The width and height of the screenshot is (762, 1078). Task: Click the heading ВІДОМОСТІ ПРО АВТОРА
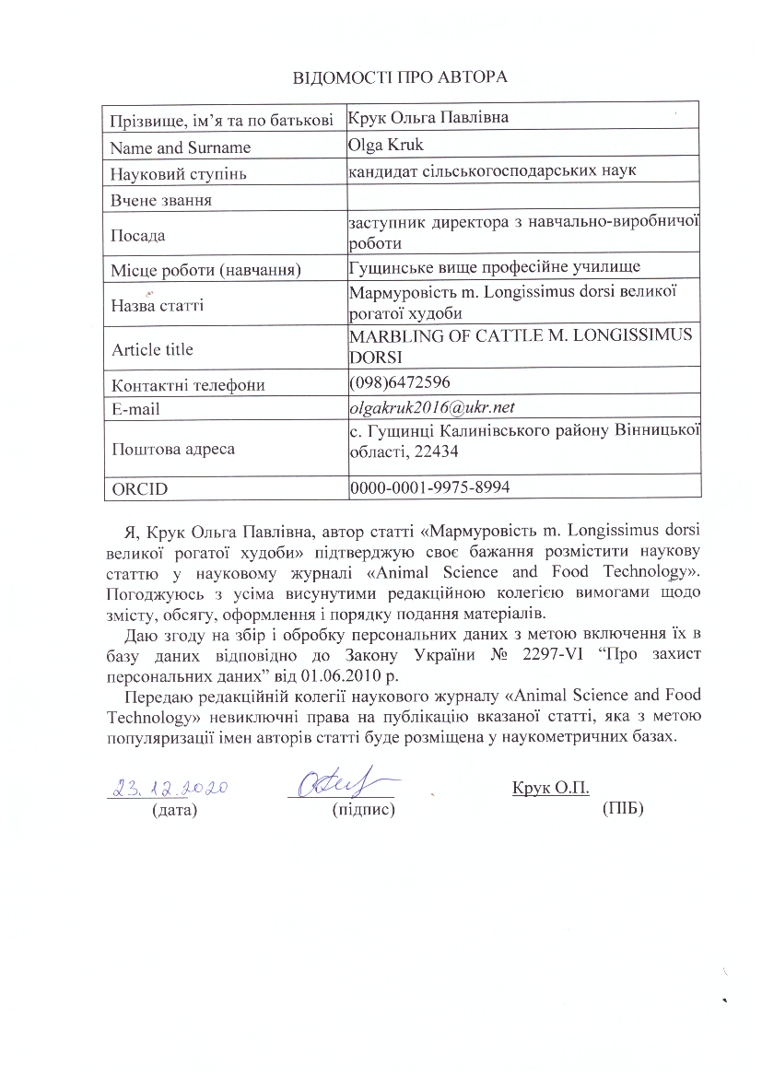(400, 76)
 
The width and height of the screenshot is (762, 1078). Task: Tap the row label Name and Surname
(180, 147)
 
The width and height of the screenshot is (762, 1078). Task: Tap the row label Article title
(152, 349)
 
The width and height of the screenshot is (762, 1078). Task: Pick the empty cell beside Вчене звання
(522, 198)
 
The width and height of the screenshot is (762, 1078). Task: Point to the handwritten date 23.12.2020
(170, 788)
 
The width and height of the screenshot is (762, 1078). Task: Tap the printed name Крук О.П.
(550, 788)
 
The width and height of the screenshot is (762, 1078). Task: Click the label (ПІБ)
(622, 810)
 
